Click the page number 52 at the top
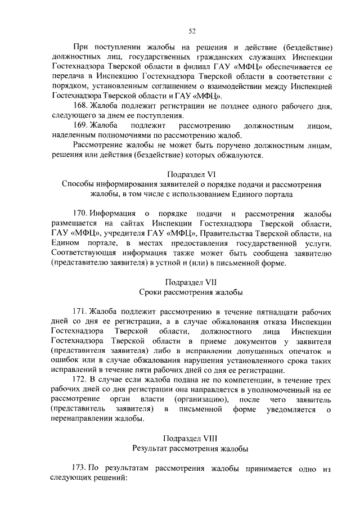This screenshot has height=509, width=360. (x=192, y=31)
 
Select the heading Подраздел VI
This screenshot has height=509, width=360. (x=192, y=174)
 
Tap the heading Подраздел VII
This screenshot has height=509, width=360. (x=192, y=281)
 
